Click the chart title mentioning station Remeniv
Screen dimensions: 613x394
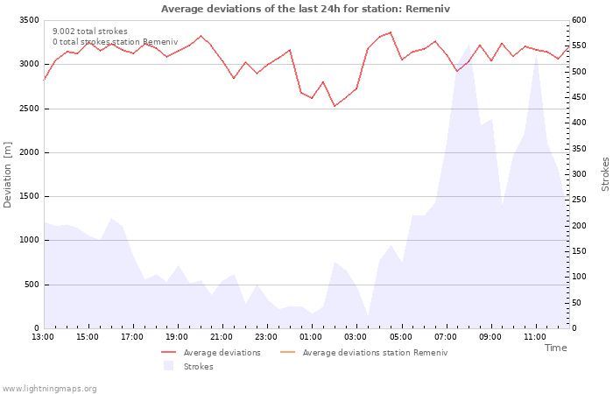tap(306, 9)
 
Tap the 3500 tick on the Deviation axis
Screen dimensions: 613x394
tap(29, 20)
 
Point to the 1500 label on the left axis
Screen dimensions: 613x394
tap(29, 196)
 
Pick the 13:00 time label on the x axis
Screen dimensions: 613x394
tap(43, 337)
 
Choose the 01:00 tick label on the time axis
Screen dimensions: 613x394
tap(311, 337)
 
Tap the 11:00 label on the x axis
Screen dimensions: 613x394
tap(535, 337)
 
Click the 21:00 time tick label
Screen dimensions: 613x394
tap(222, 337)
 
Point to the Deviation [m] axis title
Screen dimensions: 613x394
tap(7, 175)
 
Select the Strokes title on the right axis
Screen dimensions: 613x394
tap(605, 174)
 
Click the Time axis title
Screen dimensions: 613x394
tap(555, 348)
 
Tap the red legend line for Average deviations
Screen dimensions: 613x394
tap(168, 353)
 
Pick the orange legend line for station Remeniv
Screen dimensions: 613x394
tap(288, 353)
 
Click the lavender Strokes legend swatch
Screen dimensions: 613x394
tap(168, 366)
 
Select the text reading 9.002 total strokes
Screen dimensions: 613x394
tap(90, 32)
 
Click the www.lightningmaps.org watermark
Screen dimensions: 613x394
tap(49, 389)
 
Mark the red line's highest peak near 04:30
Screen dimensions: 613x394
tap(391, 32)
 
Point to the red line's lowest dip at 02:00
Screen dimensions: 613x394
tap(335, 106)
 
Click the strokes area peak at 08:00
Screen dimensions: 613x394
tap(469, 45)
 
